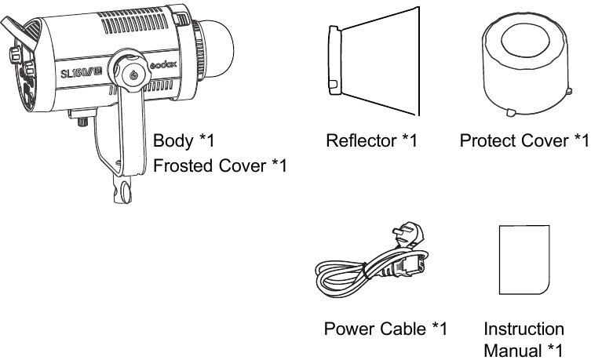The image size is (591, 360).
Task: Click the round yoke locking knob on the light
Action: point(133,73)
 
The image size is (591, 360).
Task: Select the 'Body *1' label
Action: point(183,141)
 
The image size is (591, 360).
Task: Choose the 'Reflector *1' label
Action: point(370,141)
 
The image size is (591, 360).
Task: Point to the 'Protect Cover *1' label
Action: point(524,141)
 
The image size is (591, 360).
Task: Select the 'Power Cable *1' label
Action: point(385,328)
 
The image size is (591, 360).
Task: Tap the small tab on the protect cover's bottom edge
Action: point(510,113)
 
